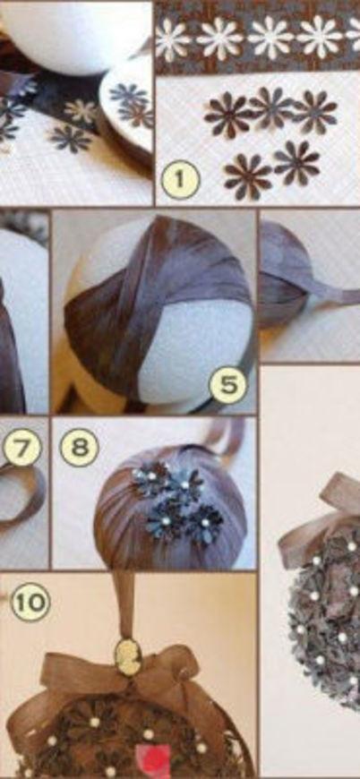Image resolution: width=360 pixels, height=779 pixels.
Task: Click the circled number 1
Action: (180, 179)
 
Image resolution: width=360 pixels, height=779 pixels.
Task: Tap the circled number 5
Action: (228, 384)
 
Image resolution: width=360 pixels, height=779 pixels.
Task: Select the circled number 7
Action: (21, 449)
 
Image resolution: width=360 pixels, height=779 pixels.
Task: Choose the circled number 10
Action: (30, 602)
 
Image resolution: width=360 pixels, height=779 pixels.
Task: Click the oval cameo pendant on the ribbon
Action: (128, 655)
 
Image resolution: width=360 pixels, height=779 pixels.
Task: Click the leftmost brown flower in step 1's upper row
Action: (229, 114)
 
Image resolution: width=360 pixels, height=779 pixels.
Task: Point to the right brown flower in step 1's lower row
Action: (297, 163)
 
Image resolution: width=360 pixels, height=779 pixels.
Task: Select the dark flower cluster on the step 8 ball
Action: (177, 500)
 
